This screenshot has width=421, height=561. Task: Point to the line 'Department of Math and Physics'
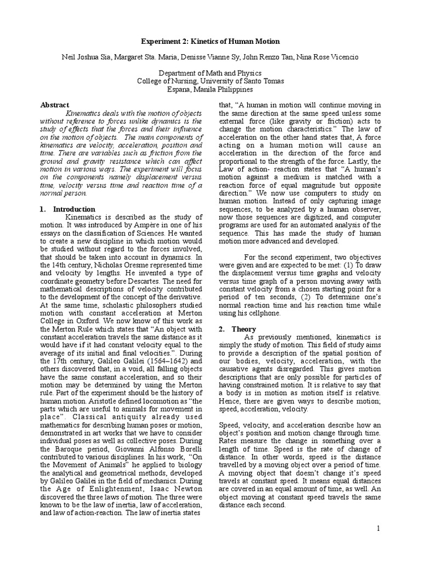point(210,73)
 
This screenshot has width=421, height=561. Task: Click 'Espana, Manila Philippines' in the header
point(210,89)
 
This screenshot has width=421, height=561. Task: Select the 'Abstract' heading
point(55,105)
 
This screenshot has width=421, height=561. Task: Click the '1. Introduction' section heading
point(68,209)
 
